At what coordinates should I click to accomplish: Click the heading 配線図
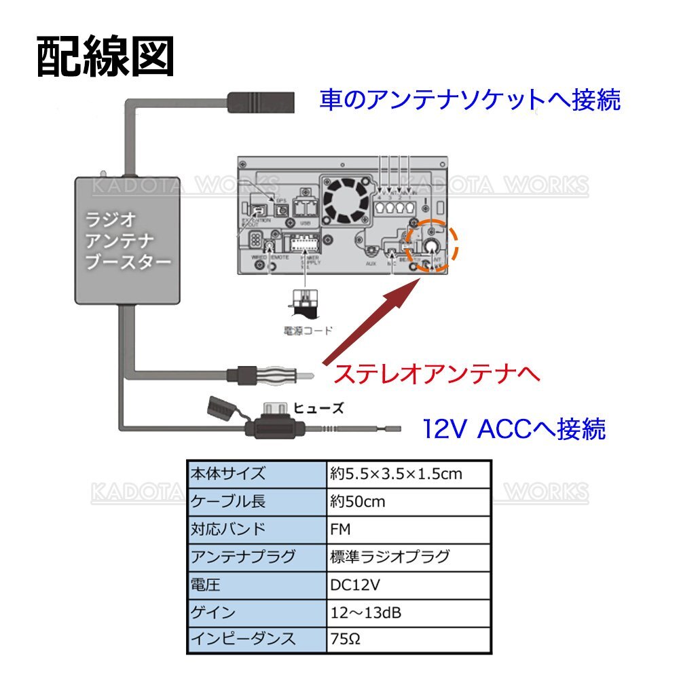pyautogui.click(x=105, y=58)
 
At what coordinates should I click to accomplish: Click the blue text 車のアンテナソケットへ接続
pyautogui.click(x=470, y=100)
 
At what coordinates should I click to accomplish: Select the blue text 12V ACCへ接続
pyautogui.click(x=513, y=428)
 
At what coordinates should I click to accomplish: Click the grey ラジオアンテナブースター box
pyautogui.click(x=128, y=239)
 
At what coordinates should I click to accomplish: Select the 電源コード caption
pyautogui.click(x=308, y=331)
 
